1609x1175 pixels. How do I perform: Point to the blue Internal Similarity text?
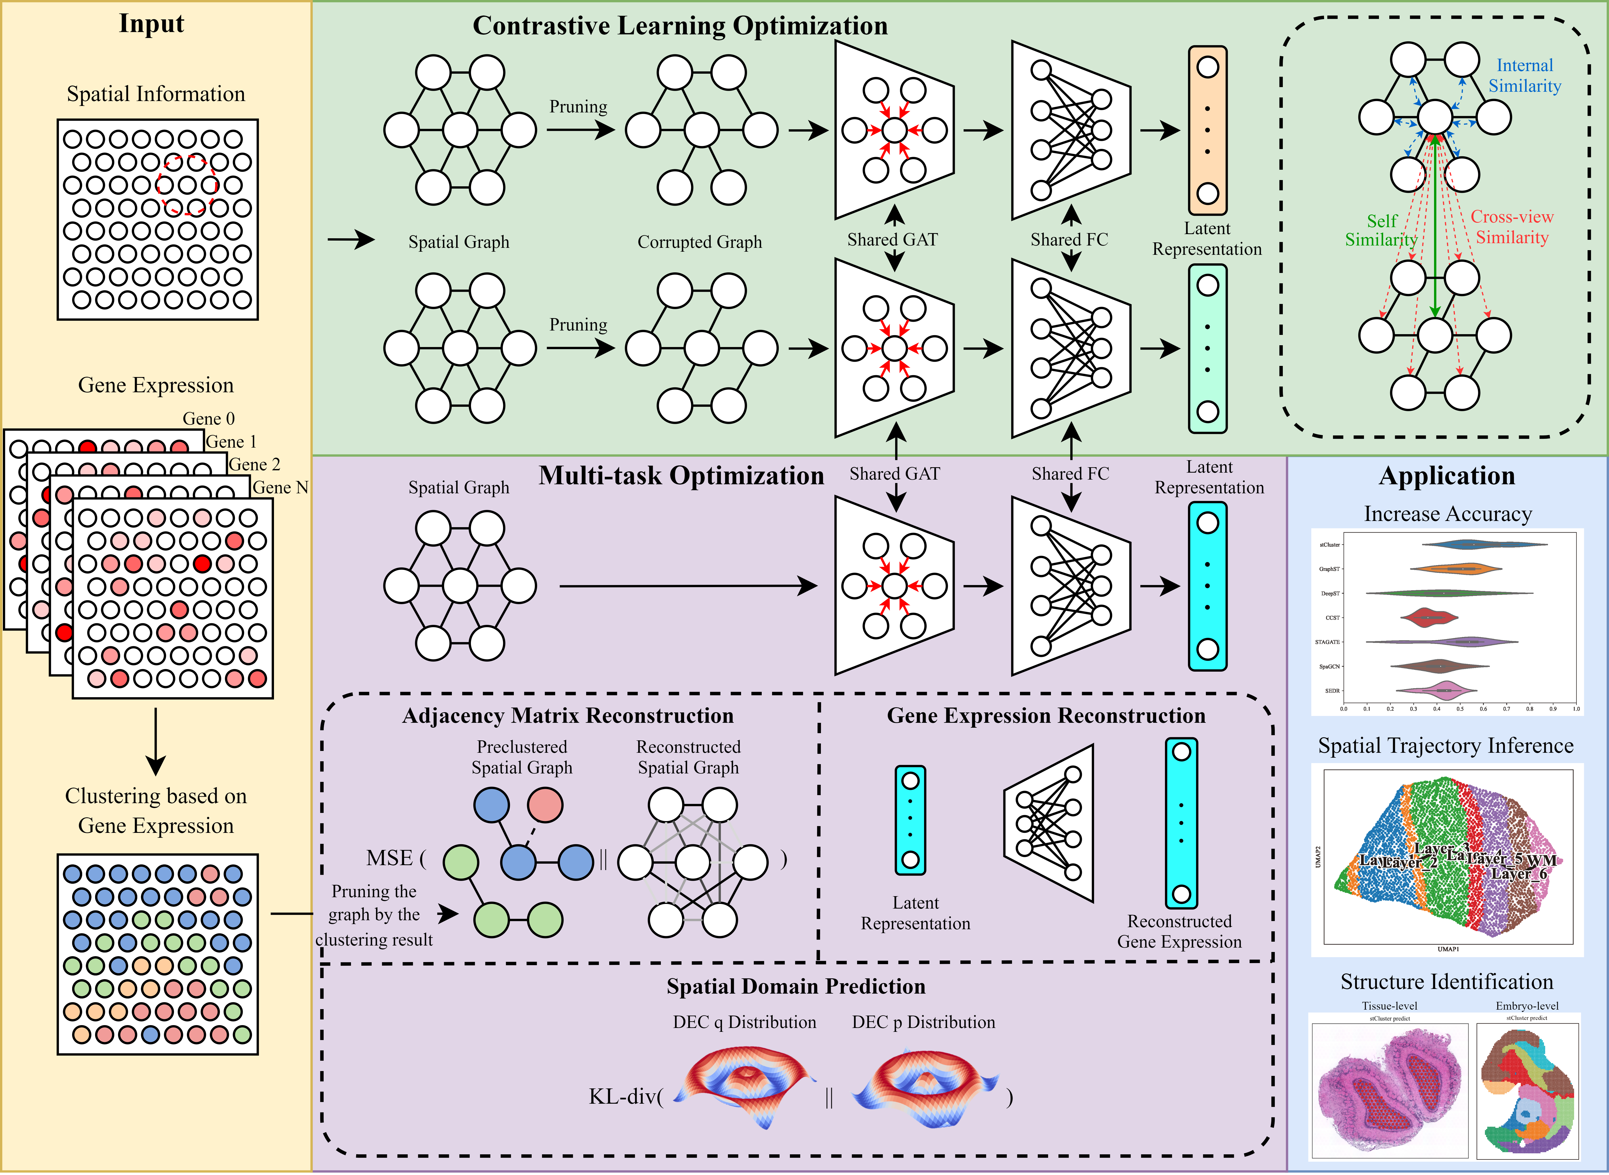tap(1524, 75)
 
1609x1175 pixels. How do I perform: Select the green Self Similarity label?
tap(1381, 231)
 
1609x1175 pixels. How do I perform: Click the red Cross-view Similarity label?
tap(1512, 227)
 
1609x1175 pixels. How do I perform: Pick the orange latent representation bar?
tap(1207, 130)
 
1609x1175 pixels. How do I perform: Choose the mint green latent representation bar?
tap(1207, 349)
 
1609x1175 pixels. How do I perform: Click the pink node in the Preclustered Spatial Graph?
tap(545, 805)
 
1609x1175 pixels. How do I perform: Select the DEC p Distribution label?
tap(923, 1022)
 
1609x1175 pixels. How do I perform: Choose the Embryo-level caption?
tap(1527, 1006)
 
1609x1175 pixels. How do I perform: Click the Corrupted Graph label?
tap(699, 242)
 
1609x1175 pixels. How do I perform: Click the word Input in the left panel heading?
tap(151, 24)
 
